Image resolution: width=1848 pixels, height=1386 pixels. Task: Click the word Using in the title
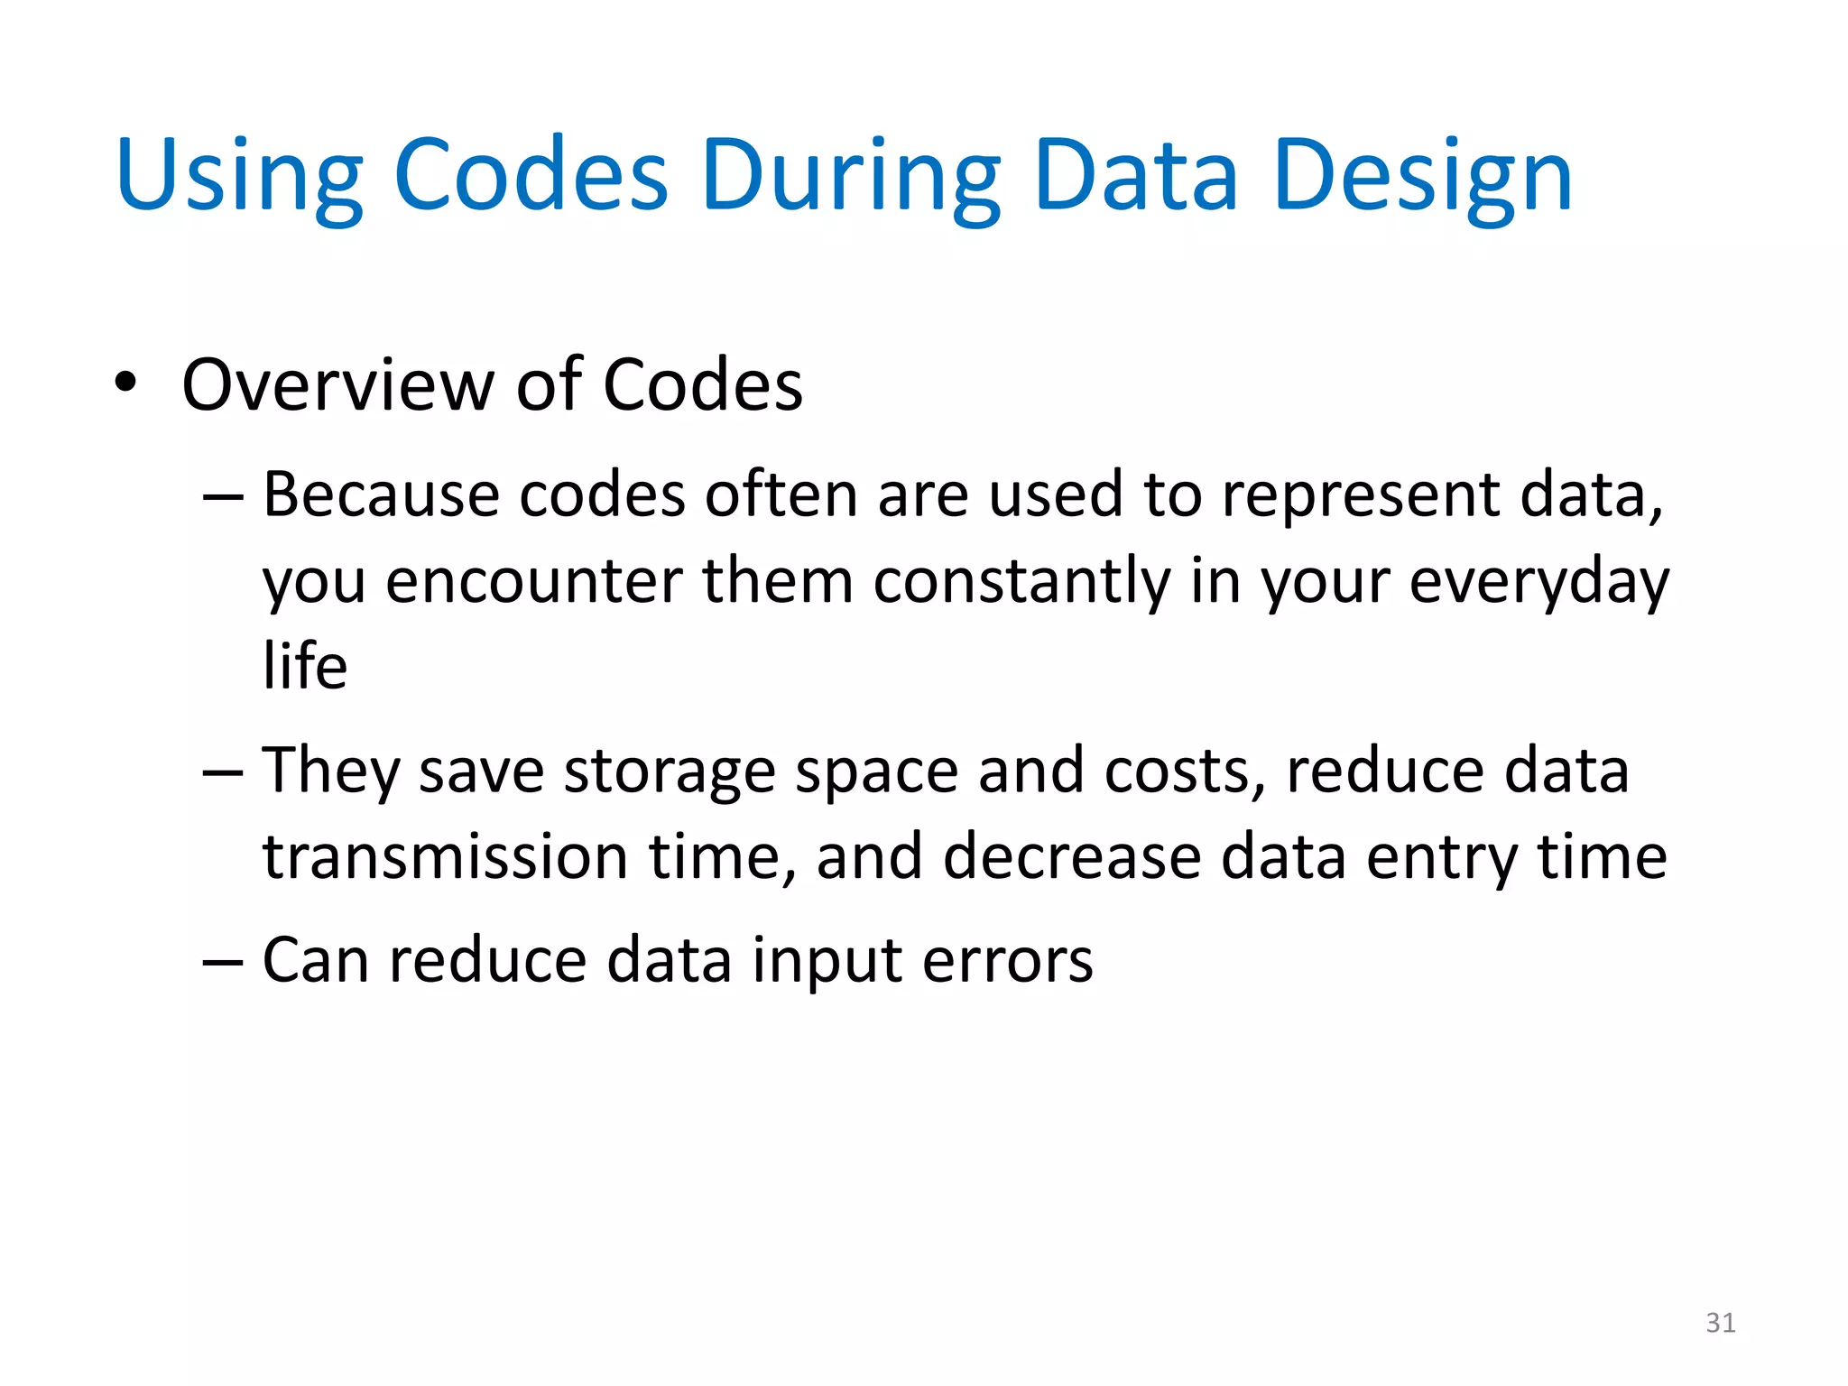(x=239, y=176)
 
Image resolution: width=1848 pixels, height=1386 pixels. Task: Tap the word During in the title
(x=850, y=176)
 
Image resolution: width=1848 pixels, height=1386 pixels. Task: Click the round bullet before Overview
(x=125, y=383)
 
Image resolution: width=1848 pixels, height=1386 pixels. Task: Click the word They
(x=329, y=772)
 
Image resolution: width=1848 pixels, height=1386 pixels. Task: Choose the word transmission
(x=445, y=856)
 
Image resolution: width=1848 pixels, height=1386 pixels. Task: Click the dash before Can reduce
(x=222, y=962)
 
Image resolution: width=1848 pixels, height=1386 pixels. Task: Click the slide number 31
(x=1720, y=1323)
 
